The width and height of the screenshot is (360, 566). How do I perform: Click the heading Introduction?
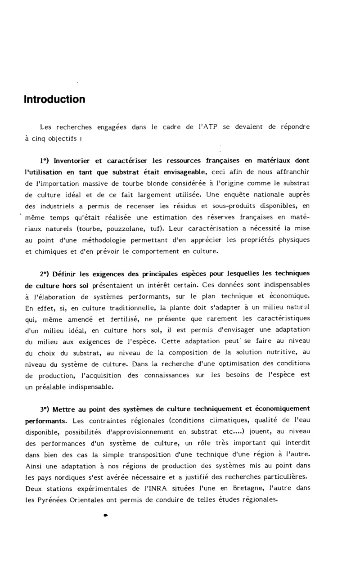click(x=54, y=99)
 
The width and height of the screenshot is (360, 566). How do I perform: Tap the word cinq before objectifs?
click(x=54, y=139)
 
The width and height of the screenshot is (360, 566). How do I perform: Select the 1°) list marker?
click(x=45, y=160)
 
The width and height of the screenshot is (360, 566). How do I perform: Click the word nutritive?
click(x=275, y=352)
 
